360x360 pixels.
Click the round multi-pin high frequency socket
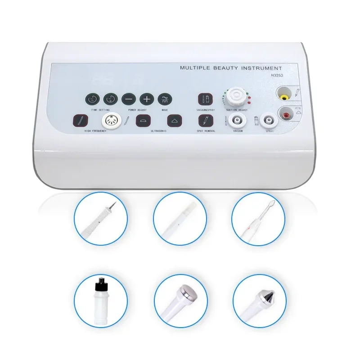(x=109, y=120)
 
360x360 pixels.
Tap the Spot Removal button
(x=205, y=120)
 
